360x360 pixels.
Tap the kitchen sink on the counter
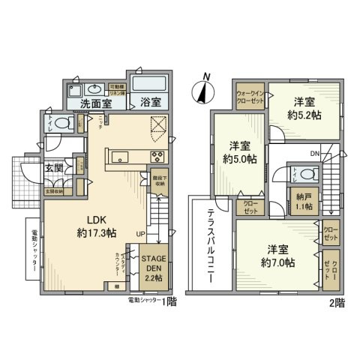pyautogui.click(x=121, y=157)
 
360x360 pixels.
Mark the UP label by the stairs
pyautogui.click(x=140, y=235)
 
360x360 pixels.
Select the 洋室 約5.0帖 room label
pyautogui.click(x=238, y=152)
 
